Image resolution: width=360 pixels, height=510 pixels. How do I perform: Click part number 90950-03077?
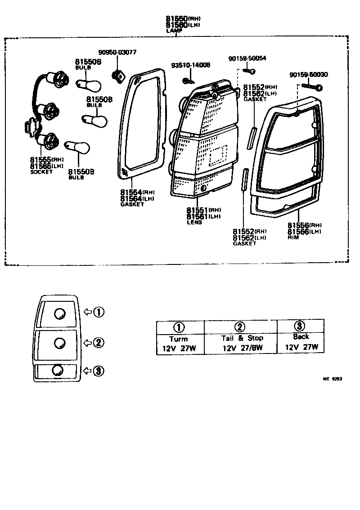(x=117, y=53)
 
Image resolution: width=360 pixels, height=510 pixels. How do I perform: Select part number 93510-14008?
(x=190, y=66)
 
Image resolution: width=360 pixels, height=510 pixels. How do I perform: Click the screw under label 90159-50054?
(x=249, y=71)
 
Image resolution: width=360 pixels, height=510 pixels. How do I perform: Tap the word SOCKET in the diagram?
(x=41, y=172)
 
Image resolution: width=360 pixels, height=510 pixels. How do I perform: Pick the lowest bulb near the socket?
(x=78, y=146)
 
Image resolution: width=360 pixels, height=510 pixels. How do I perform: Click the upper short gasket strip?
(x=253, y=138)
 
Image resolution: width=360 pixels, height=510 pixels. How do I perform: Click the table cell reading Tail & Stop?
(x=242, y=338)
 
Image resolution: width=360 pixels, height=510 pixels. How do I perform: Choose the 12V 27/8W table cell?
(x=243, y=348)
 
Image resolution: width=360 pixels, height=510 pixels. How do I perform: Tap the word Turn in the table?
(x=179, y=339)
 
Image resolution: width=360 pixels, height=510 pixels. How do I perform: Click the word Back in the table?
(x=301, y=336)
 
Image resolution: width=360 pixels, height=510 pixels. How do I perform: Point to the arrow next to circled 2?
(x=87, y=343)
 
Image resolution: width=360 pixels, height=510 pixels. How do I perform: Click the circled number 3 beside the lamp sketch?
(x=99, y=371)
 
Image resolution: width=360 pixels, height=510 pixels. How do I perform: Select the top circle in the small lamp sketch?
(x=58, y=313)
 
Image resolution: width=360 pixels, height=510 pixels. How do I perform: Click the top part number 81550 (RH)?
(x=182, y=19)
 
